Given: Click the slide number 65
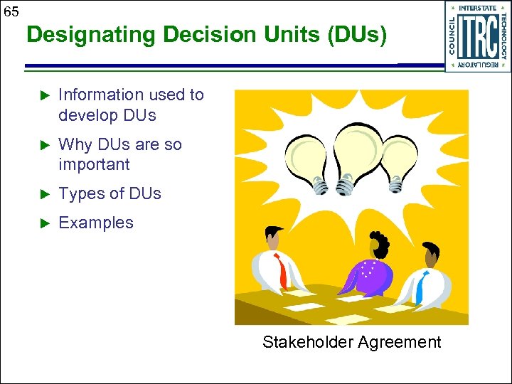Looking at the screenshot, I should pyautogui.click(x=11, y=11).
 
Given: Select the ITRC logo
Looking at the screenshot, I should pyautogui.click(x=477, y=36).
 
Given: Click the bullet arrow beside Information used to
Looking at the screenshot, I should pyautogui.click(x=42, y=95).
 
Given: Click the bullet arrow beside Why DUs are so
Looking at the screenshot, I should pyautogui.click(x=42, y=145).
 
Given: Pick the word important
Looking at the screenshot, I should pyautogui.click(x=94, y=164).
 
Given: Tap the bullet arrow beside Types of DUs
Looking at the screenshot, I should pyautogui.click(x=42, y=194).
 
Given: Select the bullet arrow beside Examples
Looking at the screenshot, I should pyautogui.click(x=42, y=223).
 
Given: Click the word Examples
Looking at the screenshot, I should pyautogui.click(x=95, y=223).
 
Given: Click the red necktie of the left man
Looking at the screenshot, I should pyautogui.click(x=284, y=271).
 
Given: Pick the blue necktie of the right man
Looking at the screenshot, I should pyautogui.click(x=420, y=286).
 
